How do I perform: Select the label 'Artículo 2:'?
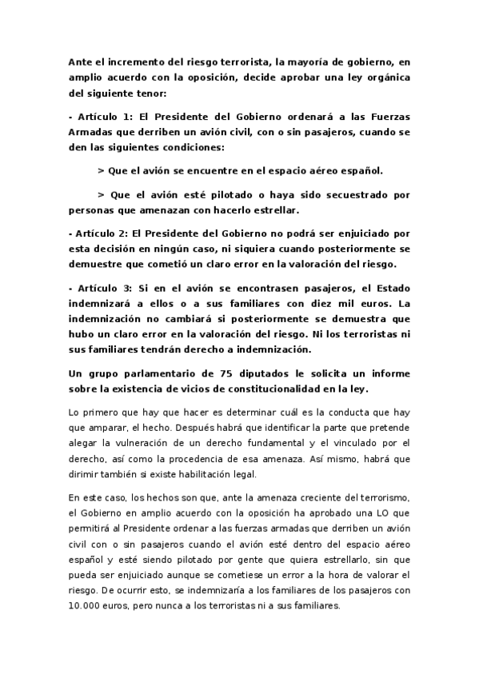[x=101, y=233]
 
